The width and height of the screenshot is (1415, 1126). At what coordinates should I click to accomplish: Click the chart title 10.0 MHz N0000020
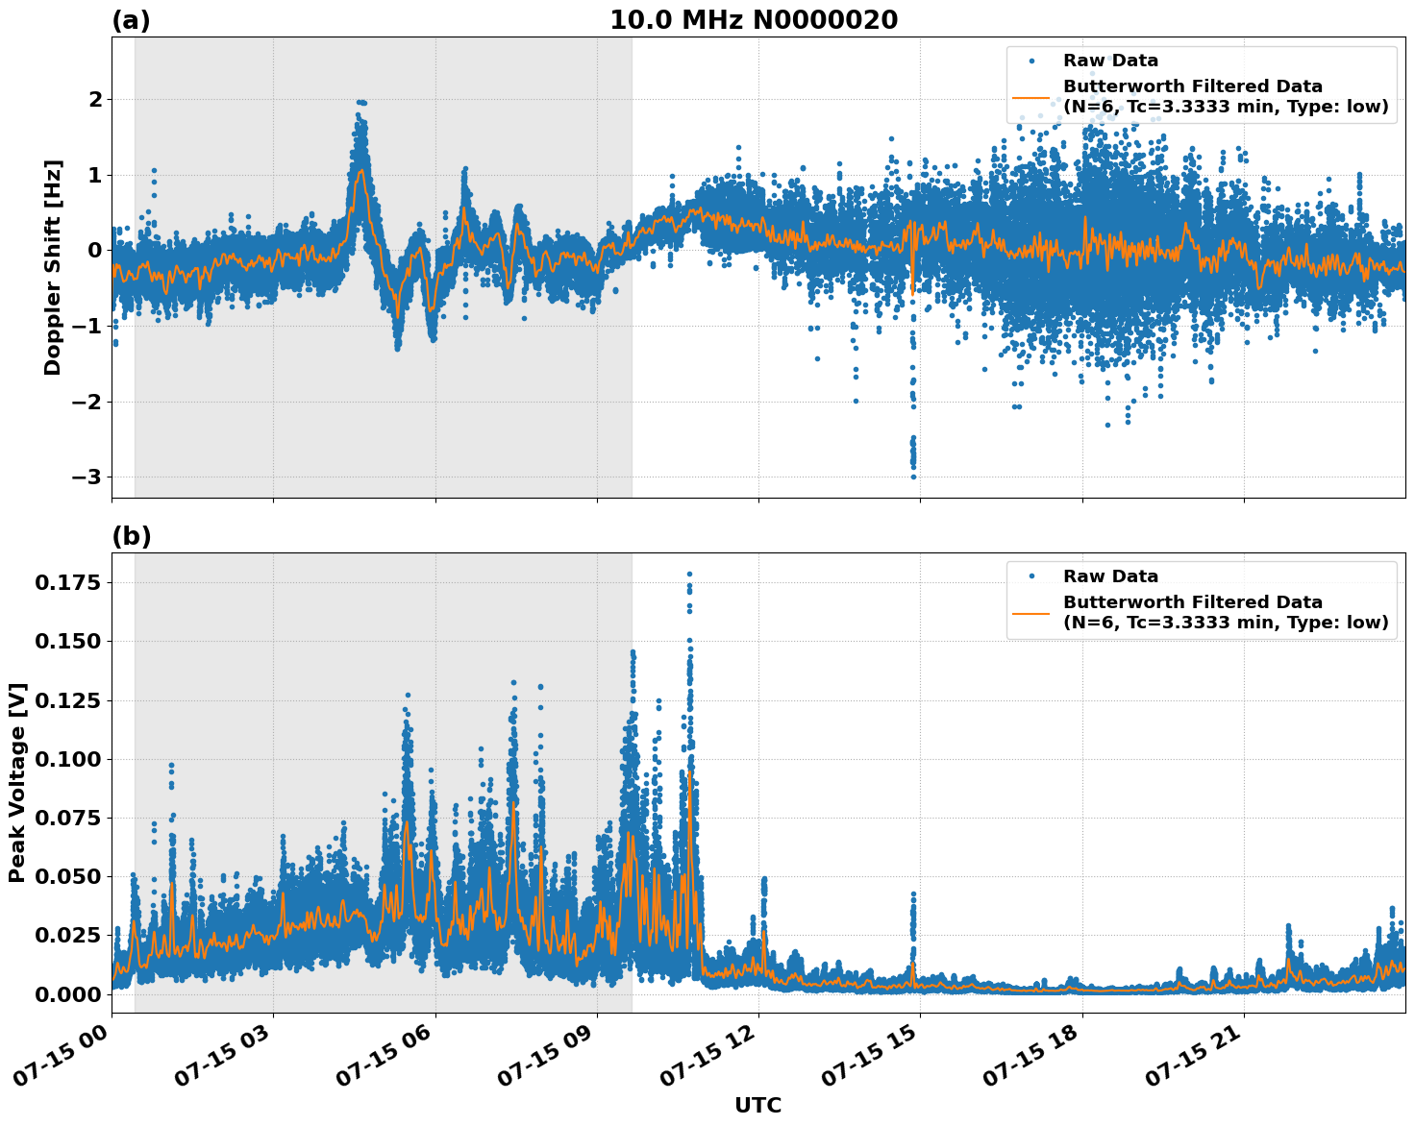(x=754, y=20)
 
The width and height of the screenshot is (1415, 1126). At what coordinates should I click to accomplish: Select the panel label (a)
(x=131, y=20)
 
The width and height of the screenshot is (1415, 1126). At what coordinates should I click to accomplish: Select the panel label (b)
(x=131, y=536)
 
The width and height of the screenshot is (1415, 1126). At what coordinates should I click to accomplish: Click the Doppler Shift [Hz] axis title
(x=53, y=267)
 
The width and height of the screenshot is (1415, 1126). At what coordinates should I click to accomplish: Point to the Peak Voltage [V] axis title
(x=17, y=782)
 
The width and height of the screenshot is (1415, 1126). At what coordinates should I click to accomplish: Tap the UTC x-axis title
(x=757, y=1105)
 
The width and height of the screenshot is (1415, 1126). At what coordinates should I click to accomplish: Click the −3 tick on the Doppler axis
(x=87, y=477)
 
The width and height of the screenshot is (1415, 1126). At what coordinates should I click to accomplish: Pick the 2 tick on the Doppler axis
(x=95, y=100)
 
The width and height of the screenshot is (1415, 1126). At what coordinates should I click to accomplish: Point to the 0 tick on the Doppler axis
(x=95, y=251)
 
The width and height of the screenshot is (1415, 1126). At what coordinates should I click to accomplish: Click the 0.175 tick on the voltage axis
(x=67, y=583)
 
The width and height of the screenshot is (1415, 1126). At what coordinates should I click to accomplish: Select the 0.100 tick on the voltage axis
(x=67, y=759)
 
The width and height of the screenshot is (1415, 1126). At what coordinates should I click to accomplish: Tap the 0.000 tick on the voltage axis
(x=67, y=994)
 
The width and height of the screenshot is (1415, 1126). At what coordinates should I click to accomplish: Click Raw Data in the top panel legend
(x=1110, y=61)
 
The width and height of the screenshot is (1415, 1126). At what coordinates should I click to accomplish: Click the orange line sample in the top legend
(x=1030, y=96)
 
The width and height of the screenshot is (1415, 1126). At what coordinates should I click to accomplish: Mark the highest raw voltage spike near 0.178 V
(x=689, y=575)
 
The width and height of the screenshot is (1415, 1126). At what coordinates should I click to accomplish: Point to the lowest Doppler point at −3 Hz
(x=913, y=477)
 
